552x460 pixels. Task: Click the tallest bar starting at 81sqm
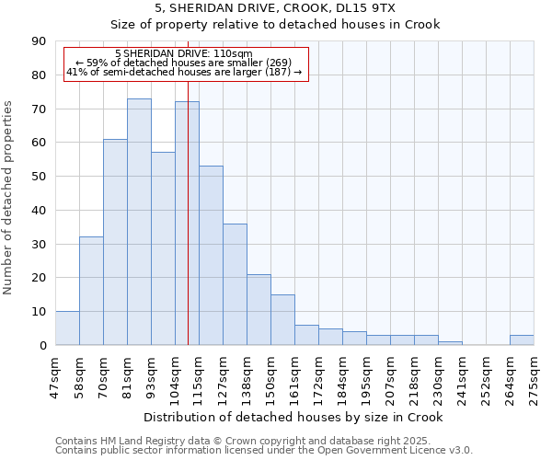[x=139, y=222]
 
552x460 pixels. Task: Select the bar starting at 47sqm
[x=67, y=328]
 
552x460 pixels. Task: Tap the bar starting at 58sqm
[x=91, y=291]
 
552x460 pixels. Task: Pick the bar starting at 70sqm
[x=115, y=242]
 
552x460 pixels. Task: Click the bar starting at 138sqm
[x=259, y=310]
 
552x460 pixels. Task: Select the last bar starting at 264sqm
[x=522, y=340]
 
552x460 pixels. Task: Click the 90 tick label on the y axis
[x=39, y=41]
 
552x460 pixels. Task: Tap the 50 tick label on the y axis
[x=39, y=177]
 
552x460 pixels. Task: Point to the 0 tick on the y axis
[x=42, y=345]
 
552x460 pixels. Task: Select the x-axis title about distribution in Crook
[x=294, y=418]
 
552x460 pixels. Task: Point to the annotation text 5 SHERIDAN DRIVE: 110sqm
[x=185, y=54]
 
